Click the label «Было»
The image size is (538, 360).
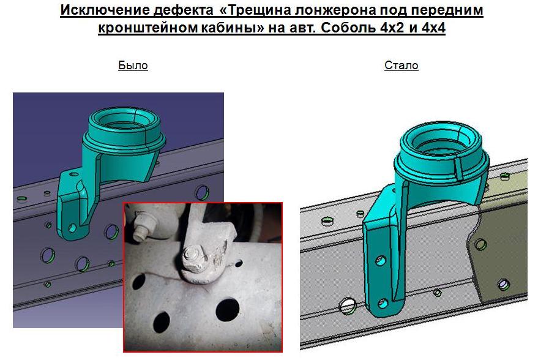tap(133, 66)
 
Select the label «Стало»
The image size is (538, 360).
tap(401, 66)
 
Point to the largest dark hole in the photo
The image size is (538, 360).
tap(227, 310)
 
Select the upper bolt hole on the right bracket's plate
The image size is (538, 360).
tap(380, 260)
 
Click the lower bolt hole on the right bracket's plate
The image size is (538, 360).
tap(383, 304)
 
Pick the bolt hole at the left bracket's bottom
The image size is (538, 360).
tap(72, 228)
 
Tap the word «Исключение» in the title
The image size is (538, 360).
tap(105, 10)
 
